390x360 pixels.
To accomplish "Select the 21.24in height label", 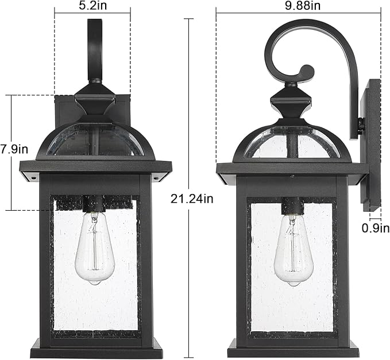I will (192, 199).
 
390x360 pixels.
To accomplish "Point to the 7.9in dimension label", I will (14, 149).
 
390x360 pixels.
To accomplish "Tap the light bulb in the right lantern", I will (292, 250).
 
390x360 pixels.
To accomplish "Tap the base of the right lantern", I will (293, 347).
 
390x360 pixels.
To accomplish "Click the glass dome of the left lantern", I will (95, 140).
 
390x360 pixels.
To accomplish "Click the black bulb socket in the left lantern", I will (94, 203).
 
